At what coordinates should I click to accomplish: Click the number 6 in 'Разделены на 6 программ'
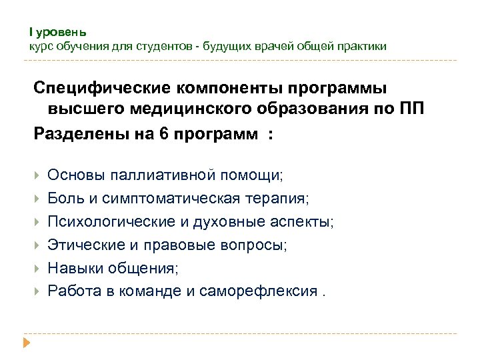(x=165, y=133)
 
